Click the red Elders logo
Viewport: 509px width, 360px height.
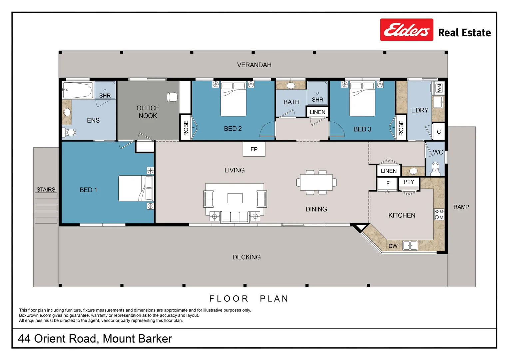point(406,30)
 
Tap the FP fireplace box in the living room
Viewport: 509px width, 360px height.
point(254,149)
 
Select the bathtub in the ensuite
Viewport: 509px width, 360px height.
point(78,90)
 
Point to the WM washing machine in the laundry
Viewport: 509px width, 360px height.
point(439,88)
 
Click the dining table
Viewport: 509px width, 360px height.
point(316,182)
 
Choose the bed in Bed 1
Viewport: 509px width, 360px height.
point(136,188)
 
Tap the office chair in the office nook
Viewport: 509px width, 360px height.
point(172,97)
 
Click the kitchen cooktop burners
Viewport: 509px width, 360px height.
point(439,214)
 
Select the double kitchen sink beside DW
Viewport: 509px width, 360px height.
point(410,246)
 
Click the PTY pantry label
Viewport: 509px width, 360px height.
point(409,182)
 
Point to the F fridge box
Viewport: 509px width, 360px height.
point(388,184)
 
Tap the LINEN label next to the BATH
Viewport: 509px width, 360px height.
point(317,112)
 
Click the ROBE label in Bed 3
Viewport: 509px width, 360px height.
point(401,128)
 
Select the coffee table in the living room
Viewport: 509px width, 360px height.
point(235,198)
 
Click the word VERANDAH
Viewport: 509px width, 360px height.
point(254,65)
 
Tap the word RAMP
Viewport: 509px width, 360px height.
point(461,207)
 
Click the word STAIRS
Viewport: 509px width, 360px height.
point(46,189)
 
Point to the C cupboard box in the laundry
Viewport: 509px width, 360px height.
point(439,132)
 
